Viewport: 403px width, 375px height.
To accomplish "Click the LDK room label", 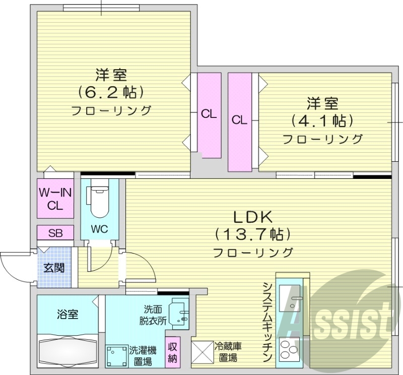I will click(253, 217).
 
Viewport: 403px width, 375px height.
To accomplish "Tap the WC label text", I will click(99, 229).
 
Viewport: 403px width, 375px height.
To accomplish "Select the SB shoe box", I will click(55, 233).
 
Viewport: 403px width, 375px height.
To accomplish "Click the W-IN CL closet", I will click(55, 199).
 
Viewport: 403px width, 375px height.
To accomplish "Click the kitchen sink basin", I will click(290, 299).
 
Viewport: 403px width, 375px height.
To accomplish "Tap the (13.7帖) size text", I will click(253, 234).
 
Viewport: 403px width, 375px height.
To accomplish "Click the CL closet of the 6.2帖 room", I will click(209, 114).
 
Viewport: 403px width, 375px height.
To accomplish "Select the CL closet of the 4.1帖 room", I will click(239, 121).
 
